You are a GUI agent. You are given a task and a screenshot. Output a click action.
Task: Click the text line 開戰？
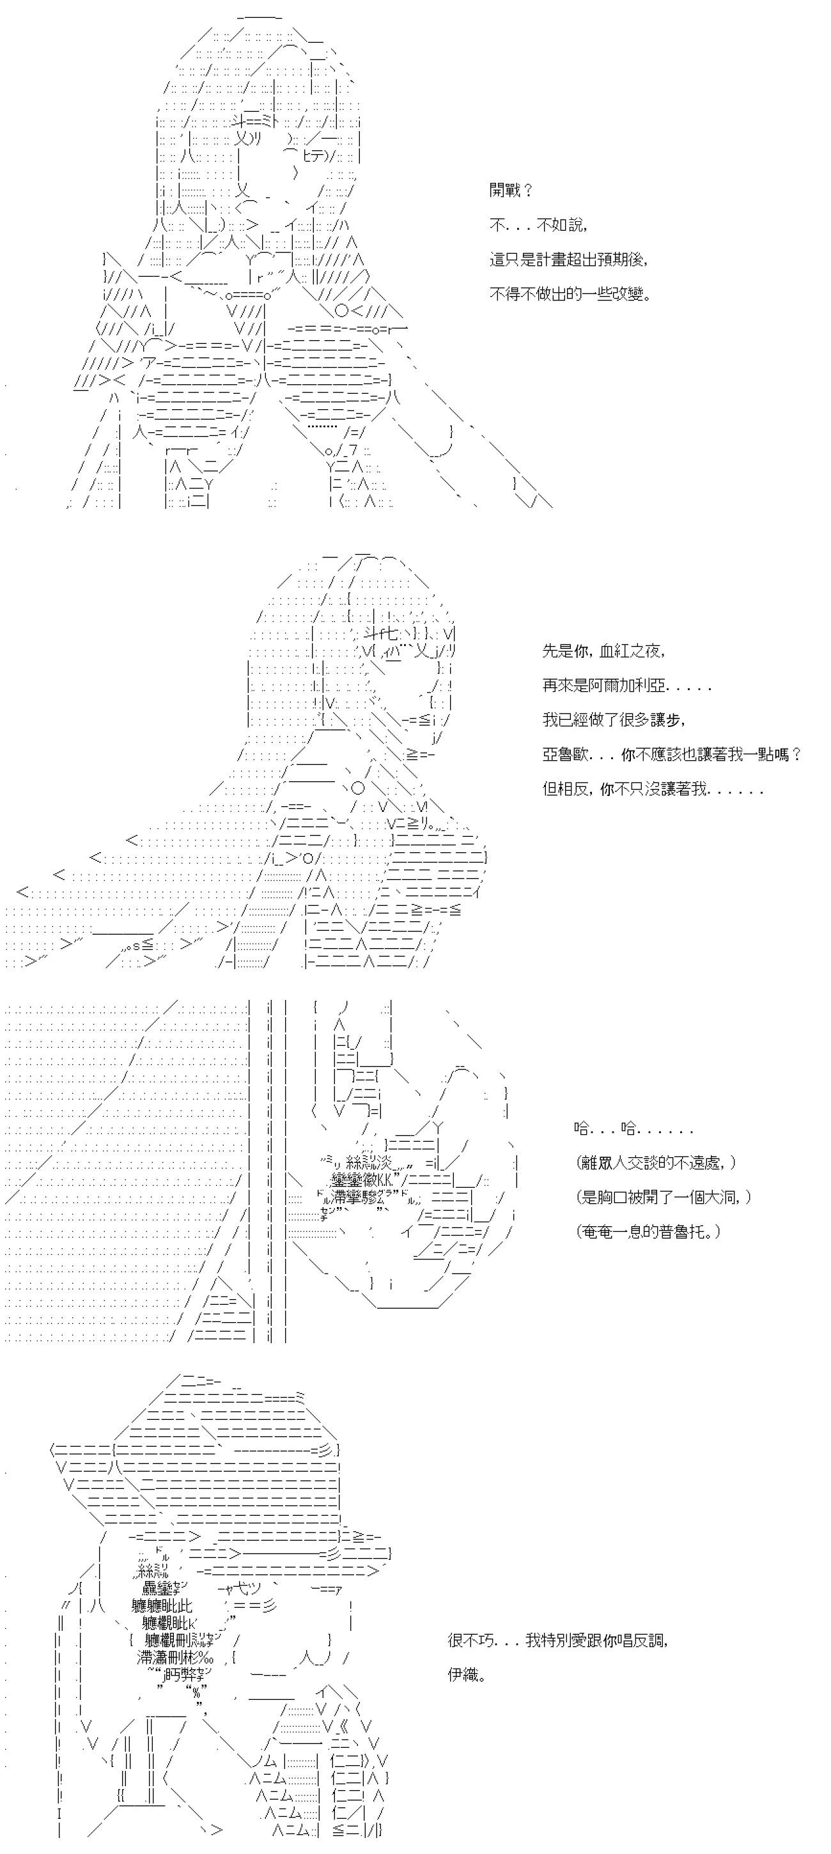coord(511,190)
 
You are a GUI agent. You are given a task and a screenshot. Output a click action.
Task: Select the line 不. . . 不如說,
coord(539,224)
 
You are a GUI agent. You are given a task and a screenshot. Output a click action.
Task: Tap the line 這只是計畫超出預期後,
coord(568,259)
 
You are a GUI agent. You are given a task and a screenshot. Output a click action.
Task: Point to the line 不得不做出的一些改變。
coord(571,293)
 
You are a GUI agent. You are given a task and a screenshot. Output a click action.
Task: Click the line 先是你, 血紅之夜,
coord(603,651)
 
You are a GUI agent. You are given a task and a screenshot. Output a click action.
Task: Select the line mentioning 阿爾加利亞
coord(626,685)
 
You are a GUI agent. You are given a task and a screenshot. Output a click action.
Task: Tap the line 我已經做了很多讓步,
coord(614,720)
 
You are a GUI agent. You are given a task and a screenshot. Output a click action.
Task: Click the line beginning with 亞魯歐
coord(672,754)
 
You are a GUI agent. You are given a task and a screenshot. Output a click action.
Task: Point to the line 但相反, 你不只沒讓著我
coord(653,789)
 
